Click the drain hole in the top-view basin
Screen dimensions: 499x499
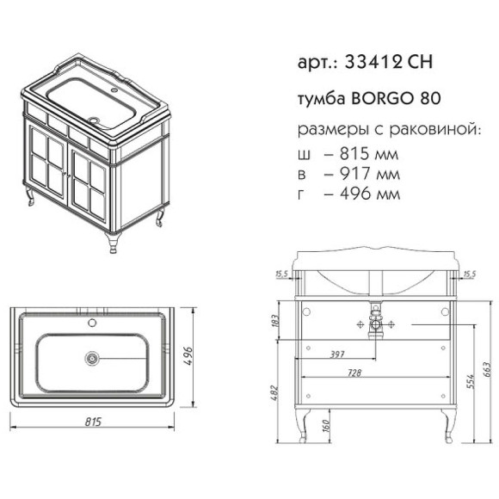click(x=92, y=357)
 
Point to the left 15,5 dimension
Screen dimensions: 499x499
click(x=280, y=274)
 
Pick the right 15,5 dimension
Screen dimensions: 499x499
click(x=469, y=274)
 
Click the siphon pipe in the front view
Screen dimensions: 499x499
click(x=374, y=324)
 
